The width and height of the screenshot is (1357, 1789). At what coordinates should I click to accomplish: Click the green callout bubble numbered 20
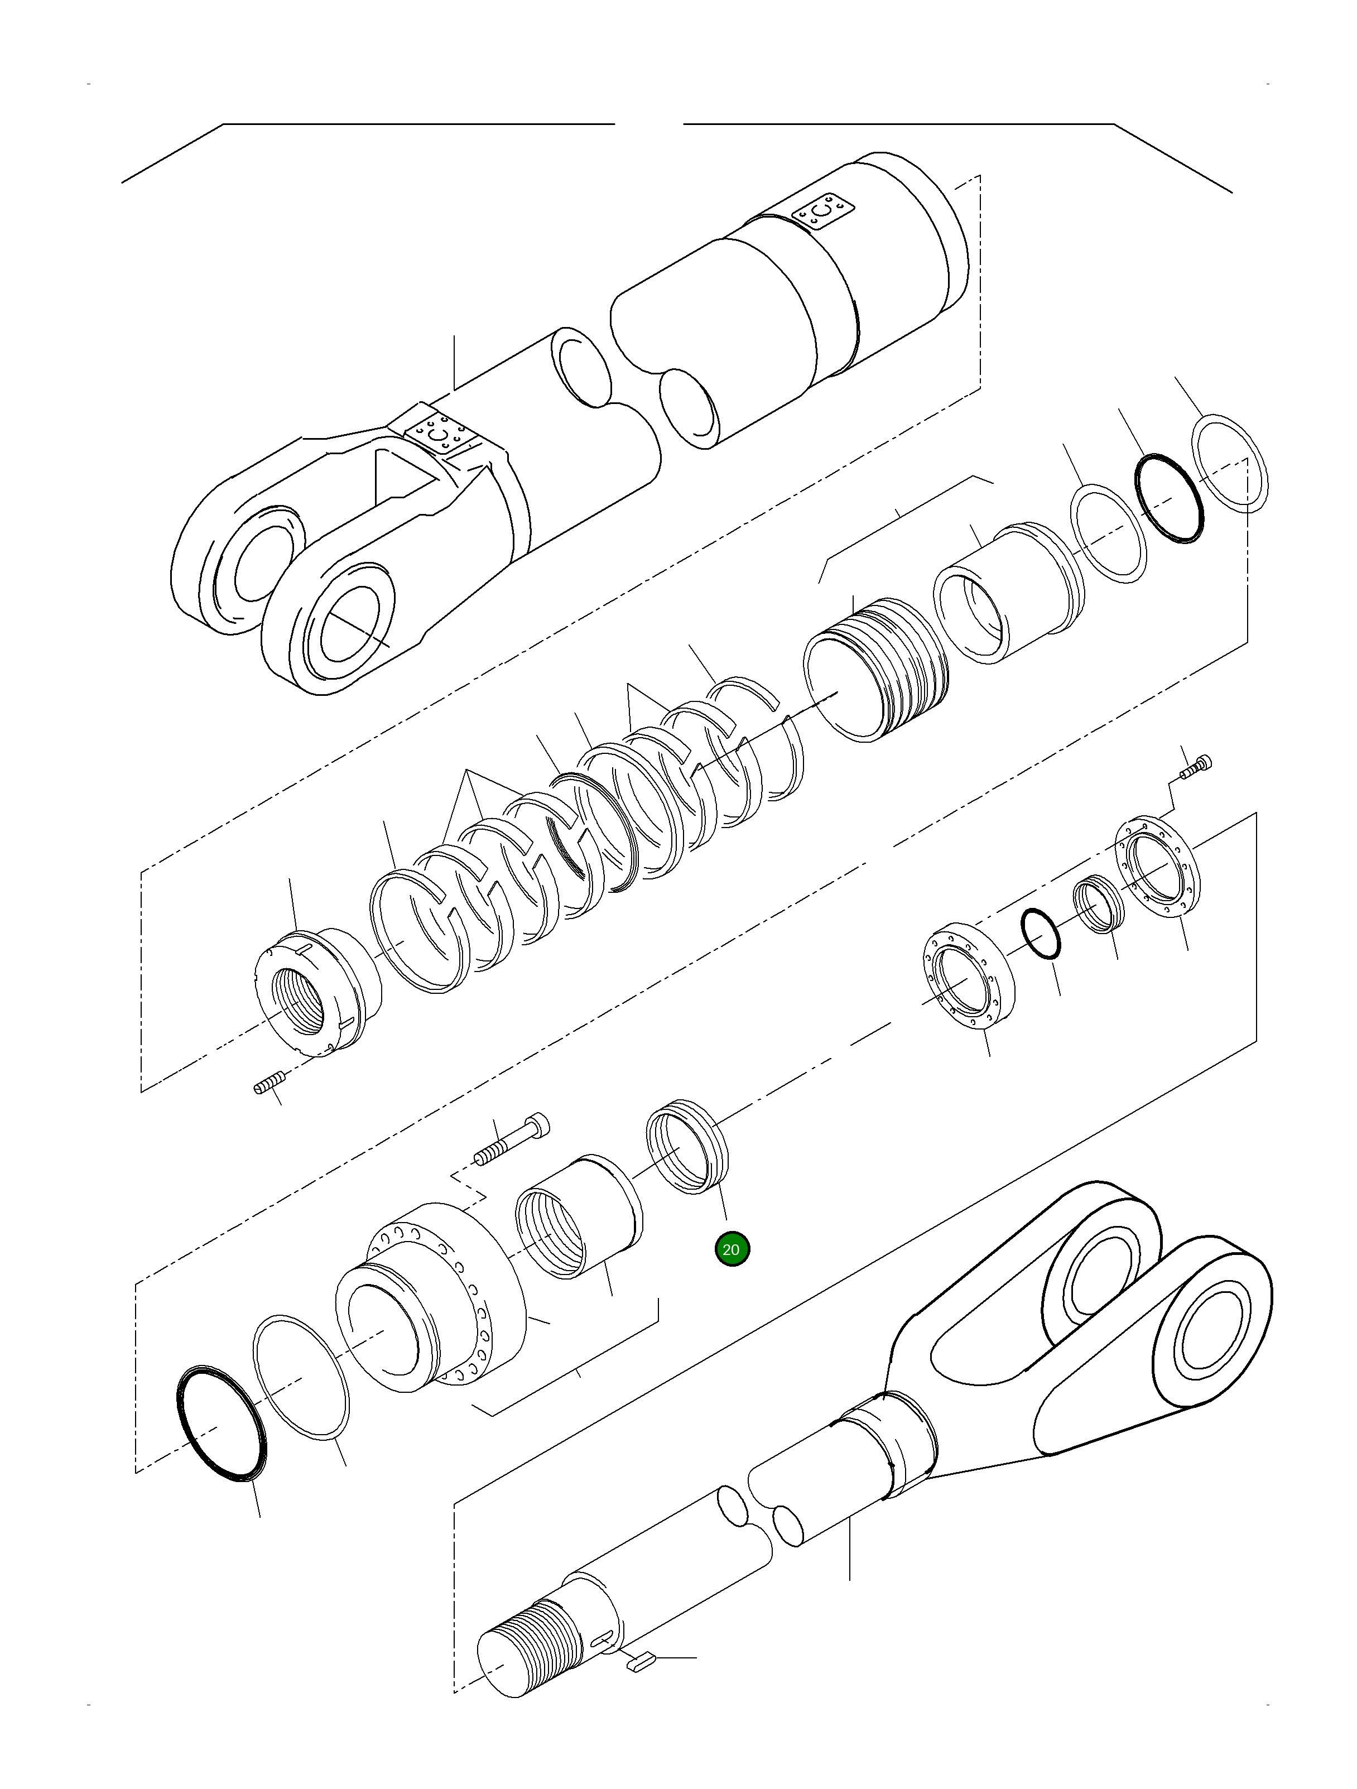click(732, 1249)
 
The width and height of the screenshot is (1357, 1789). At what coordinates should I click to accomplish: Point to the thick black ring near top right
click(1170, 498)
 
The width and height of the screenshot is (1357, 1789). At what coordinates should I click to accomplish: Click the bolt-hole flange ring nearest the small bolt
click(1157, 869)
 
